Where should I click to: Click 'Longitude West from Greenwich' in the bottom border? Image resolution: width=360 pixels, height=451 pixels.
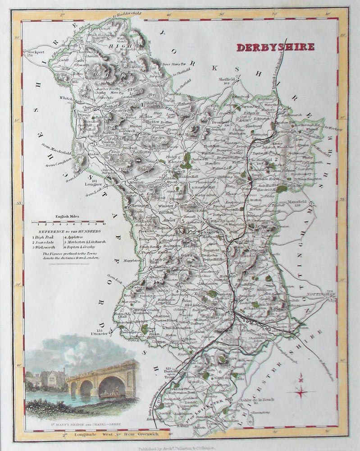click(115, 434)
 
